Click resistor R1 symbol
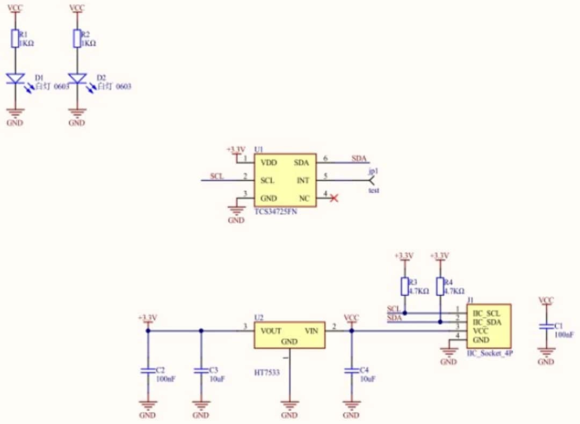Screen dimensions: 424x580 tap(16, 39)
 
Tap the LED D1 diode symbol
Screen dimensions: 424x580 tap(16, 79)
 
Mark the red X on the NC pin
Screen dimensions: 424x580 tap(334, 199)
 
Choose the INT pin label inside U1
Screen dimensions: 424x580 tap(303, 180)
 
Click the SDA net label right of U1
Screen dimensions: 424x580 tap(359, 158)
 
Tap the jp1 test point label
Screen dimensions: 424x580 tap(373, 171)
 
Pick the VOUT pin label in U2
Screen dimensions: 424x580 tap(271, 331)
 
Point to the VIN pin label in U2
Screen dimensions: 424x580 tap(312, 331)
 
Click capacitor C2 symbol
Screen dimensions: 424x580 tap(148, 371)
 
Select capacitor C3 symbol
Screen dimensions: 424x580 tap(201, 371)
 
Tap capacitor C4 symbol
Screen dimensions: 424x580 tap(352, 371)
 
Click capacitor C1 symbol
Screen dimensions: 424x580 tap(546, 326)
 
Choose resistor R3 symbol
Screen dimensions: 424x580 tap(405, 286)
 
